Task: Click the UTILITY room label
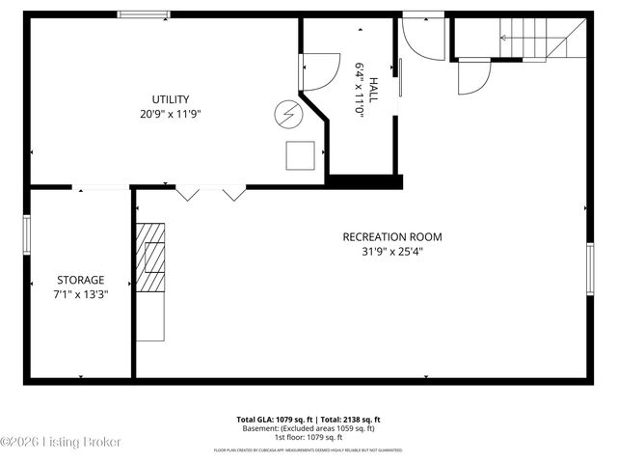tap(170, 99)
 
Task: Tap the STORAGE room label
tap(80, 280)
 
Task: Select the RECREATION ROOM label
tap(392, 237)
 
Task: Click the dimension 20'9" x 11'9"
tap(170, 114)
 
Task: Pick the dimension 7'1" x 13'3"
tap(80, 295)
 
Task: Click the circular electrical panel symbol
tap(286, 115)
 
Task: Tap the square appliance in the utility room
tap(300, 155)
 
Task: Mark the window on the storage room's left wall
tap(28, 234)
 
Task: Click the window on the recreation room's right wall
tap(589, 268)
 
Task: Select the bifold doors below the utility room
tap(210, 193)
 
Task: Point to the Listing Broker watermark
tap(61, 441)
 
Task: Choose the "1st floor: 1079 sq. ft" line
tap(308, 437)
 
